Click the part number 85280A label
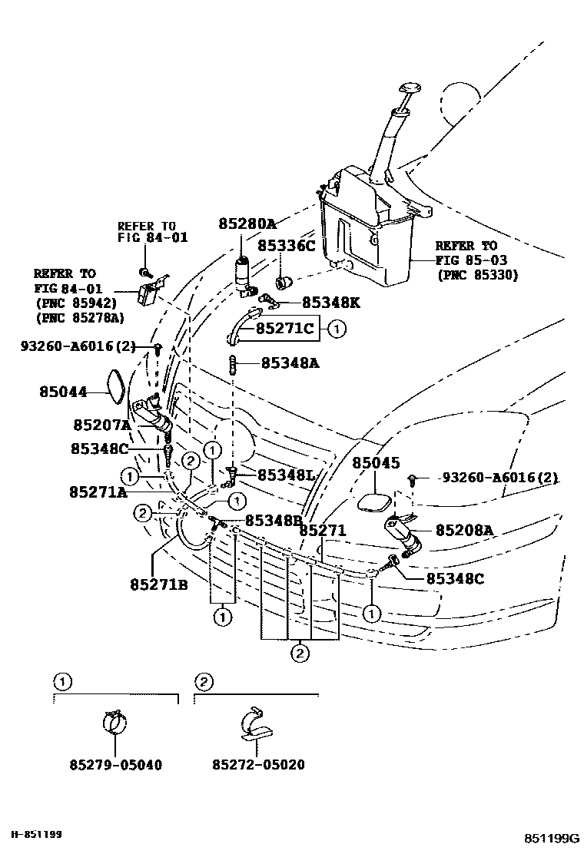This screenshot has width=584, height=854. [x=247, y=224]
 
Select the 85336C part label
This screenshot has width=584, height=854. [x=286, y=246]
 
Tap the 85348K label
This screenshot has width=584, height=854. [x=330, y=303]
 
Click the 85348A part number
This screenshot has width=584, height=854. [x=290, y=362]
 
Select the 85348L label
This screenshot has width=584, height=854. [x=286, y=475]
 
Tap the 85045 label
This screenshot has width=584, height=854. [x=377, y=464]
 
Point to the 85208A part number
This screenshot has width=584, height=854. [x=464, y=530]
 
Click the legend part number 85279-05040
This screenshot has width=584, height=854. [x=115, y=765]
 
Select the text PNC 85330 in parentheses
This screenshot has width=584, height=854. [x=476, y=274]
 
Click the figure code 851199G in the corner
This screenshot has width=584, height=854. [x=551, y=837]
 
